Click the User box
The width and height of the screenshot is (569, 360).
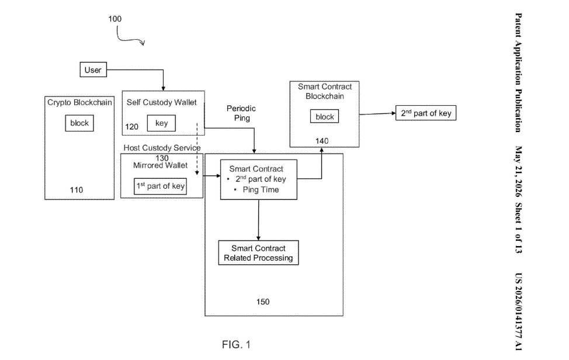tap(93, 70)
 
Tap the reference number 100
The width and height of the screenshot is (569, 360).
tap(115, 19)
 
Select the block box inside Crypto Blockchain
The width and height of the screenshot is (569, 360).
tap(79, 123)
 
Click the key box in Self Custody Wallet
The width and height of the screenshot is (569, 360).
tap(161, 123)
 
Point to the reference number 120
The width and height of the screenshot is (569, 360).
tap(131, 127)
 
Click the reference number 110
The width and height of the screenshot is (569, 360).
tap(77, 190)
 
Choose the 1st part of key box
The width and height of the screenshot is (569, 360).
tap(161, 186)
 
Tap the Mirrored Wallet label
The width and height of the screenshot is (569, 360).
tap(161, 165)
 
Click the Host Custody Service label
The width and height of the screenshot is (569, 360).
tap(162, 148)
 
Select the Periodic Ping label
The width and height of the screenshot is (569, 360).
tap(241, 113)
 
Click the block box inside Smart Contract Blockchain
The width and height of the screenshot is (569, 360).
tap(324, 116)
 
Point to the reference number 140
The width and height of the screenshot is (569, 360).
tap(322, 141)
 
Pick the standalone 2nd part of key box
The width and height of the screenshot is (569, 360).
tap(426, 113)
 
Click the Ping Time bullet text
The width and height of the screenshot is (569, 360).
tap(261, 189)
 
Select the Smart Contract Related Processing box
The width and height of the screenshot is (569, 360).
tap(258, 252)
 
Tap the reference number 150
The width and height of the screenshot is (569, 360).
tap(263, 302)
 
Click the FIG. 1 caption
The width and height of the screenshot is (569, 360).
tap(236, 344)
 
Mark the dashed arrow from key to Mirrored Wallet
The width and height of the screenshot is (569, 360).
tap(197, 149)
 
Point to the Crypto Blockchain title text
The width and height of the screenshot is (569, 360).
tap(79, 103)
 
